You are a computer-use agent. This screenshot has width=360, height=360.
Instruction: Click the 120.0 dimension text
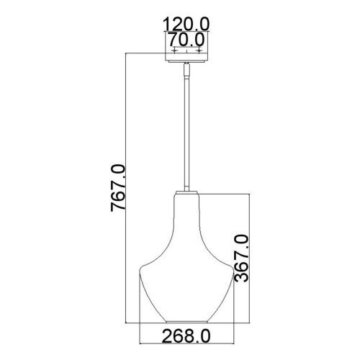186,23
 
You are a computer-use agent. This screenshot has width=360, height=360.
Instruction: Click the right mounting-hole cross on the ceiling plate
199,51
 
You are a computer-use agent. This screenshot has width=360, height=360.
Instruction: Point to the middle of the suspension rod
186,130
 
